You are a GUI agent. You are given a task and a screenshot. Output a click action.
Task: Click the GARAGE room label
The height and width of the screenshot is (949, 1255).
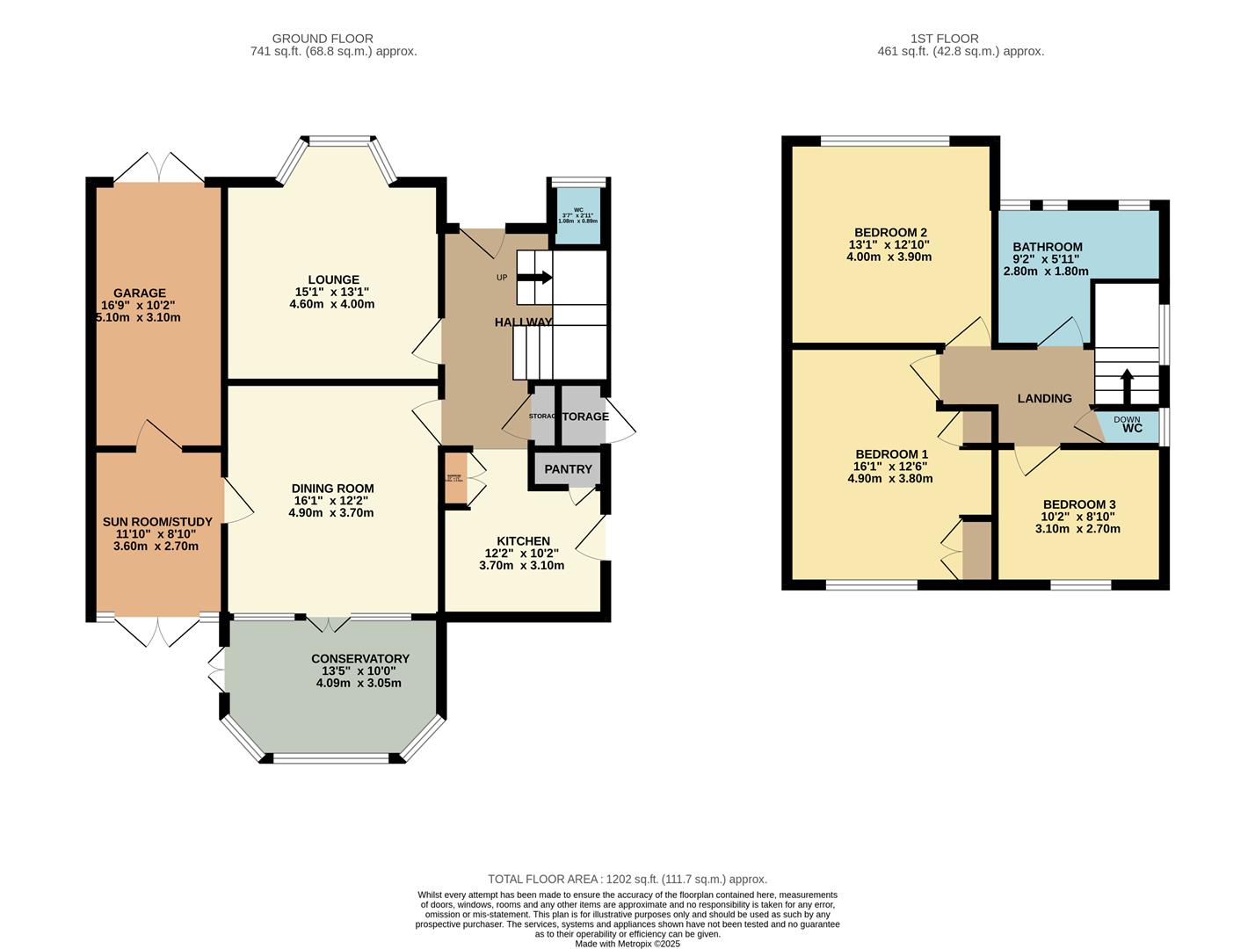click(x=139, y=293)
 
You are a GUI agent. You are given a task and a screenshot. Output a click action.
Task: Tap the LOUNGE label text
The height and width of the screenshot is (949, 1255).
click(x=333, y=280)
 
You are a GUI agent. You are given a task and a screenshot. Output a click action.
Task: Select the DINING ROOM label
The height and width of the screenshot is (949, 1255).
click(x=332, y=489)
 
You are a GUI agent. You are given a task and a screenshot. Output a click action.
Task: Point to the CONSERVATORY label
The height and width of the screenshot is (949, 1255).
click(x=359, y=659)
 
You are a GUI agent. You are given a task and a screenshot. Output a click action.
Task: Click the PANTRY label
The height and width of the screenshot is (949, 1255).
click(x=568, y=469)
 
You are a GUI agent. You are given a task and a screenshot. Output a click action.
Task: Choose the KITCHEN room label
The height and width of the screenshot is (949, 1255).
click(x=523, y=541)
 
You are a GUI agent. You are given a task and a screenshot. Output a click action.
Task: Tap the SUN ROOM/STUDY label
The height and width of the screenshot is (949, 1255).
click(x=157, y=522)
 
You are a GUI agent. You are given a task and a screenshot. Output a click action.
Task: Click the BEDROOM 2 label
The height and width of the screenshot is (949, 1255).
click(x=889, y=233)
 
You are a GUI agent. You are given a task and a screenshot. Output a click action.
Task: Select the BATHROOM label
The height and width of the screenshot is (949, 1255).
click(x=1047, y=247)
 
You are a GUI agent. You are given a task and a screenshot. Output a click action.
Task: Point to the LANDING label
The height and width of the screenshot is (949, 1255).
click(x=1044, y=399)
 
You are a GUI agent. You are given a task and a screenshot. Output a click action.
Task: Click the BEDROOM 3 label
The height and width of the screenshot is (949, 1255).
click(x=1079, y=504)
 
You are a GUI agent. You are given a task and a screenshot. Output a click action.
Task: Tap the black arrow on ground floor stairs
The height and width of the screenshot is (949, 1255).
click(x=535, y=278)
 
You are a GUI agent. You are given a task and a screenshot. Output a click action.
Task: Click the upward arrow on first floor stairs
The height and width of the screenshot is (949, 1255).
click(x=1127, y=383)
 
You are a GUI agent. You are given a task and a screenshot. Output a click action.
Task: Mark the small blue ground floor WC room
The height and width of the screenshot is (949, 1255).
click(x=577, y=215)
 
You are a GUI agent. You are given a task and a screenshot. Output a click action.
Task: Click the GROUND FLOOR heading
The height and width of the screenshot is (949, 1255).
click(x=323, y=39)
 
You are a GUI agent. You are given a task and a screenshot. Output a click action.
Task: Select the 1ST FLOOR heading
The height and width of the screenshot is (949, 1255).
click(x=945, y=39)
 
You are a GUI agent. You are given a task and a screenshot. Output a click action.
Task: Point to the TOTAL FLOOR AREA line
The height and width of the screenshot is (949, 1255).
click(x=627, y=879)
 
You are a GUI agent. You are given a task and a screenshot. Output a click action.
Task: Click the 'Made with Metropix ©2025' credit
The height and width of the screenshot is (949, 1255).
click(x=627, y=944)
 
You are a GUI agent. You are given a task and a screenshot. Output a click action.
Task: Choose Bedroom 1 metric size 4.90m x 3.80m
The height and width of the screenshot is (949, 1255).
click(x=889, y=479)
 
